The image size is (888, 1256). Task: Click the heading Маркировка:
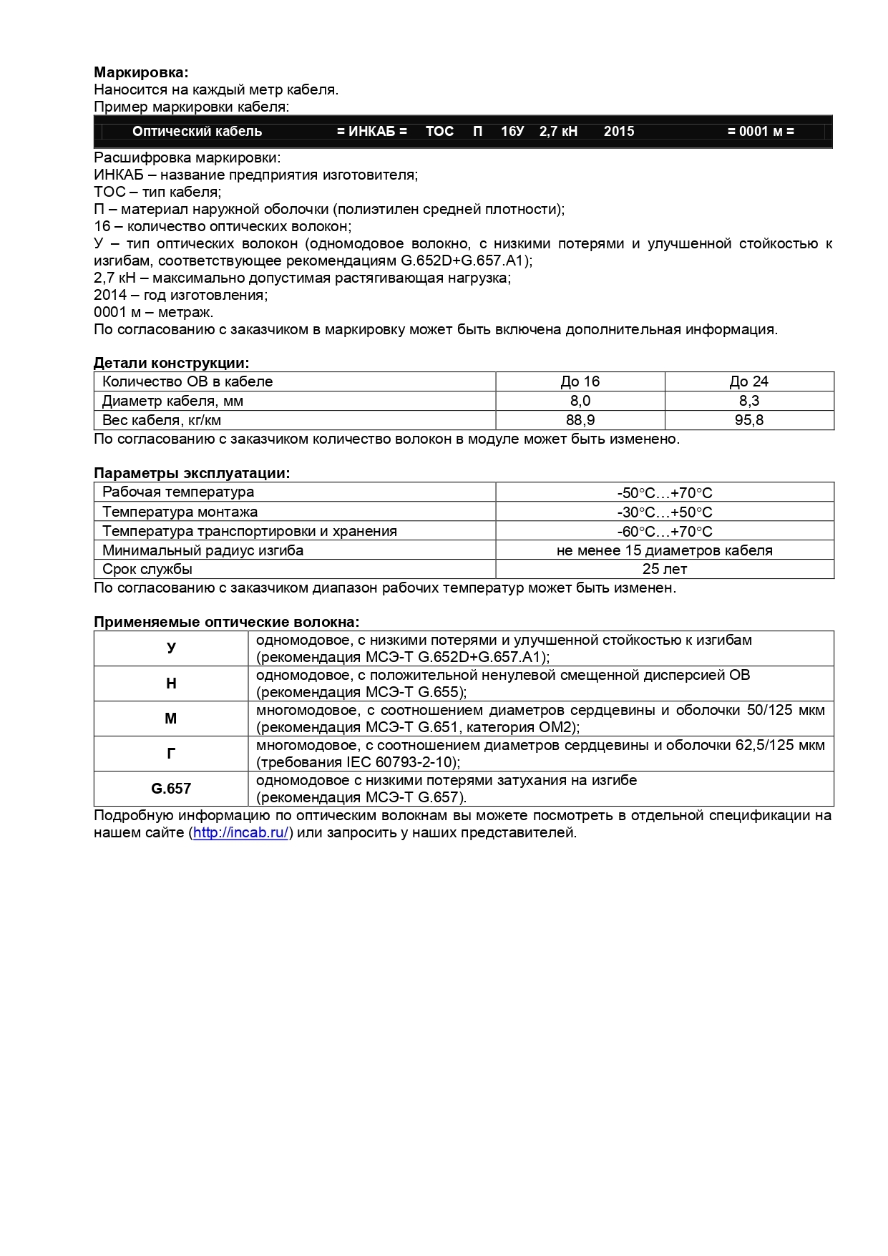click(141, 72)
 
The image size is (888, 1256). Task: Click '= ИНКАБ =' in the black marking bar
click(371, 132)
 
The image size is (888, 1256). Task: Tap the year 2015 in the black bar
click(619, 132)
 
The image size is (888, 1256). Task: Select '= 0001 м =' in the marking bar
click(761, 132)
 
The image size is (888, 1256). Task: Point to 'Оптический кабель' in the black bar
click(197, 132)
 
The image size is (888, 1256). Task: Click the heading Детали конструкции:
click(171, 363)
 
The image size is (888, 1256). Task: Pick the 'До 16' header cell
click(580, 381)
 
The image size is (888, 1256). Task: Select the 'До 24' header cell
click(749, 381)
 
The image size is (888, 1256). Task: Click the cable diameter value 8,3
click(749, 401)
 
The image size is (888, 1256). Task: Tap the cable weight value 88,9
click(580, 420)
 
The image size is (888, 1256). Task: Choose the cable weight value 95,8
click(749, 420)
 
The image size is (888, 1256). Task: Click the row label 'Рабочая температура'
click(178, 492)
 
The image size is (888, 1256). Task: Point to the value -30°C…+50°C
click(665, 512)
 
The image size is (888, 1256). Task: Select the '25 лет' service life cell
click(665, 570)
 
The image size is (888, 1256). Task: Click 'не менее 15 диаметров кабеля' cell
click(665, 550)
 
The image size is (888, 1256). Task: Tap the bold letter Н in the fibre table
click(171, 683)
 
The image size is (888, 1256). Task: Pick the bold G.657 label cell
click(171, 789)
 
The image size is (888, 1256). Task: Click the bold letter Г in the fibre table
click(171, 754)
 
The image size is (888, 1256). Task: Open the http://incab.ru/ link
click(241, 833)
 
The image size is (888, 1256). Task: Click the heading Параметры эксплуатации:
click(192, 473)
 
